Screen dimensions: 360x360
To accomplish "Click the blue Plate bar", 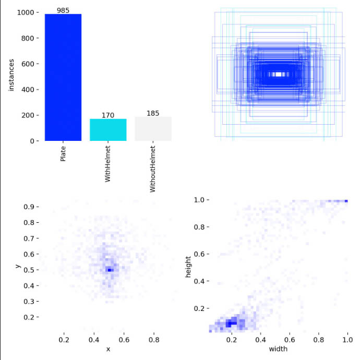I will click(63, 77).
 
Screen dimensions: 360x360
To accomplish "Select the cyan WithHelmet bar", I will click(108, 130).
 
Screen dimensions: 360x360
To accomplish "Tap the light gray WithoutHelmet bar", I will click(153, 129).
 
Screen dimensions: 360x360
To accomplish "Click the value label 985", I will click(63, 10).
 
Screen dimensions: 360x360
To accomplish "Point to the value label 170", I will click(108, 115).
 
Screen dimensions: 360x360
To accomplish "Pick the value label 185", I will click(153, 113).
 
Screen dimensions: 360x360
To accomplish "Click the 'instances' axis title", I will click(11, 76).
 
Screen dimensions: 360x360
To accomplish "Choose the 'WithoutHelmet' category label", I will click(153, 170).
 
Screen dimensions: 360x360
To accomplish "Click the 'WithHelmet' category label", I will click(108, 164).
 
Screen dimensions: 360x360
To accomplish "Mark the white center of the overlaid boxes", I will click(279, 75).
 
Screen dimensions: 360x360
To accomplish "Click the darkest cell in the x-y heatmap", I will click(109, 270).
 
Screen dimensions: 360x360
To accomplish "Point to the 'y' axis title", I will click(18, 266).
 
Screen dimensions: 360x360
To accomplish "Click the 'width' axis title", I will click(279, 349).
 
